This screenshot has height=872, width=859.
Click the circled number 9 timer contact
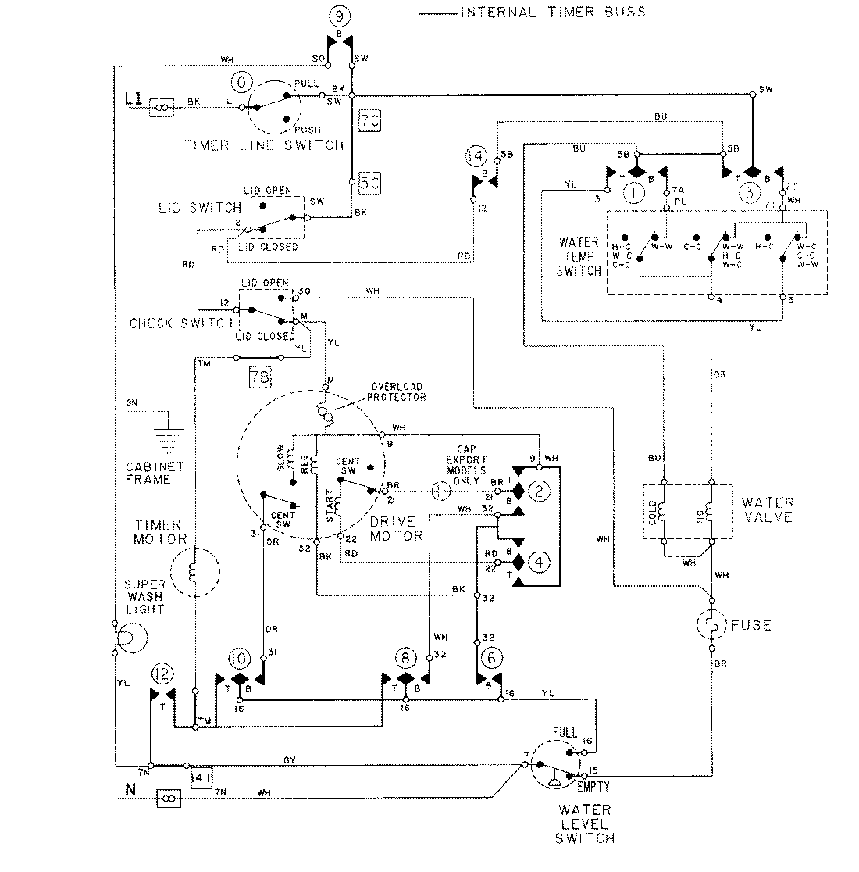pos(340,15)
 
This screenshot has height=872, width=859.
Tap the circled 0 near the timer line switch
pos(241,82)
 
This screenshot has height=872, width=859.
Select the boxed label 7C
pos(369,121)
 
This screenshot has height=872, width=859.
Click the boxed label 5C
pos(369,186)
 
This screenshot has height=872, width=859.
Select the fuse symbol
pos(711,624)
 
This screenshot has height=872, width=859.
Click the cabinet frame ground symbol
pos(168,432)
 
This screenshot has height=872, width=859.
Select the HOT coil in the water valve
pos(711,511)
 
